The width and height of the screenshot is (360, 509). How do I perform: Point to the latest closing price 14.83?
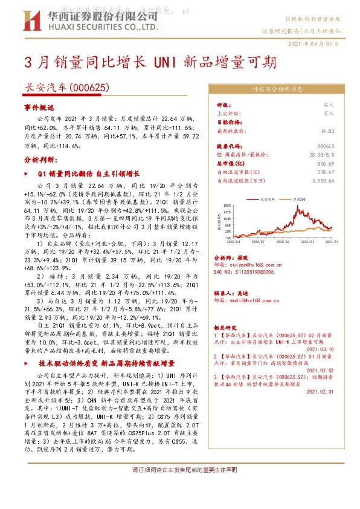[328, 130]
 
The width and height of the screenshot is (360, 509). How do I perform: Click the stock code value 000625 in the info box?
[326, 146]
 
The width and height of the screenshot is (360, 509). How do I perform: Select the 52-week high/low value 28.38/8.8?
[321, 155]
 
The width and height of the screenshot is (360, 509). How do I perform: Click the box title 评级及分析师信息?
[277, 89]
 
